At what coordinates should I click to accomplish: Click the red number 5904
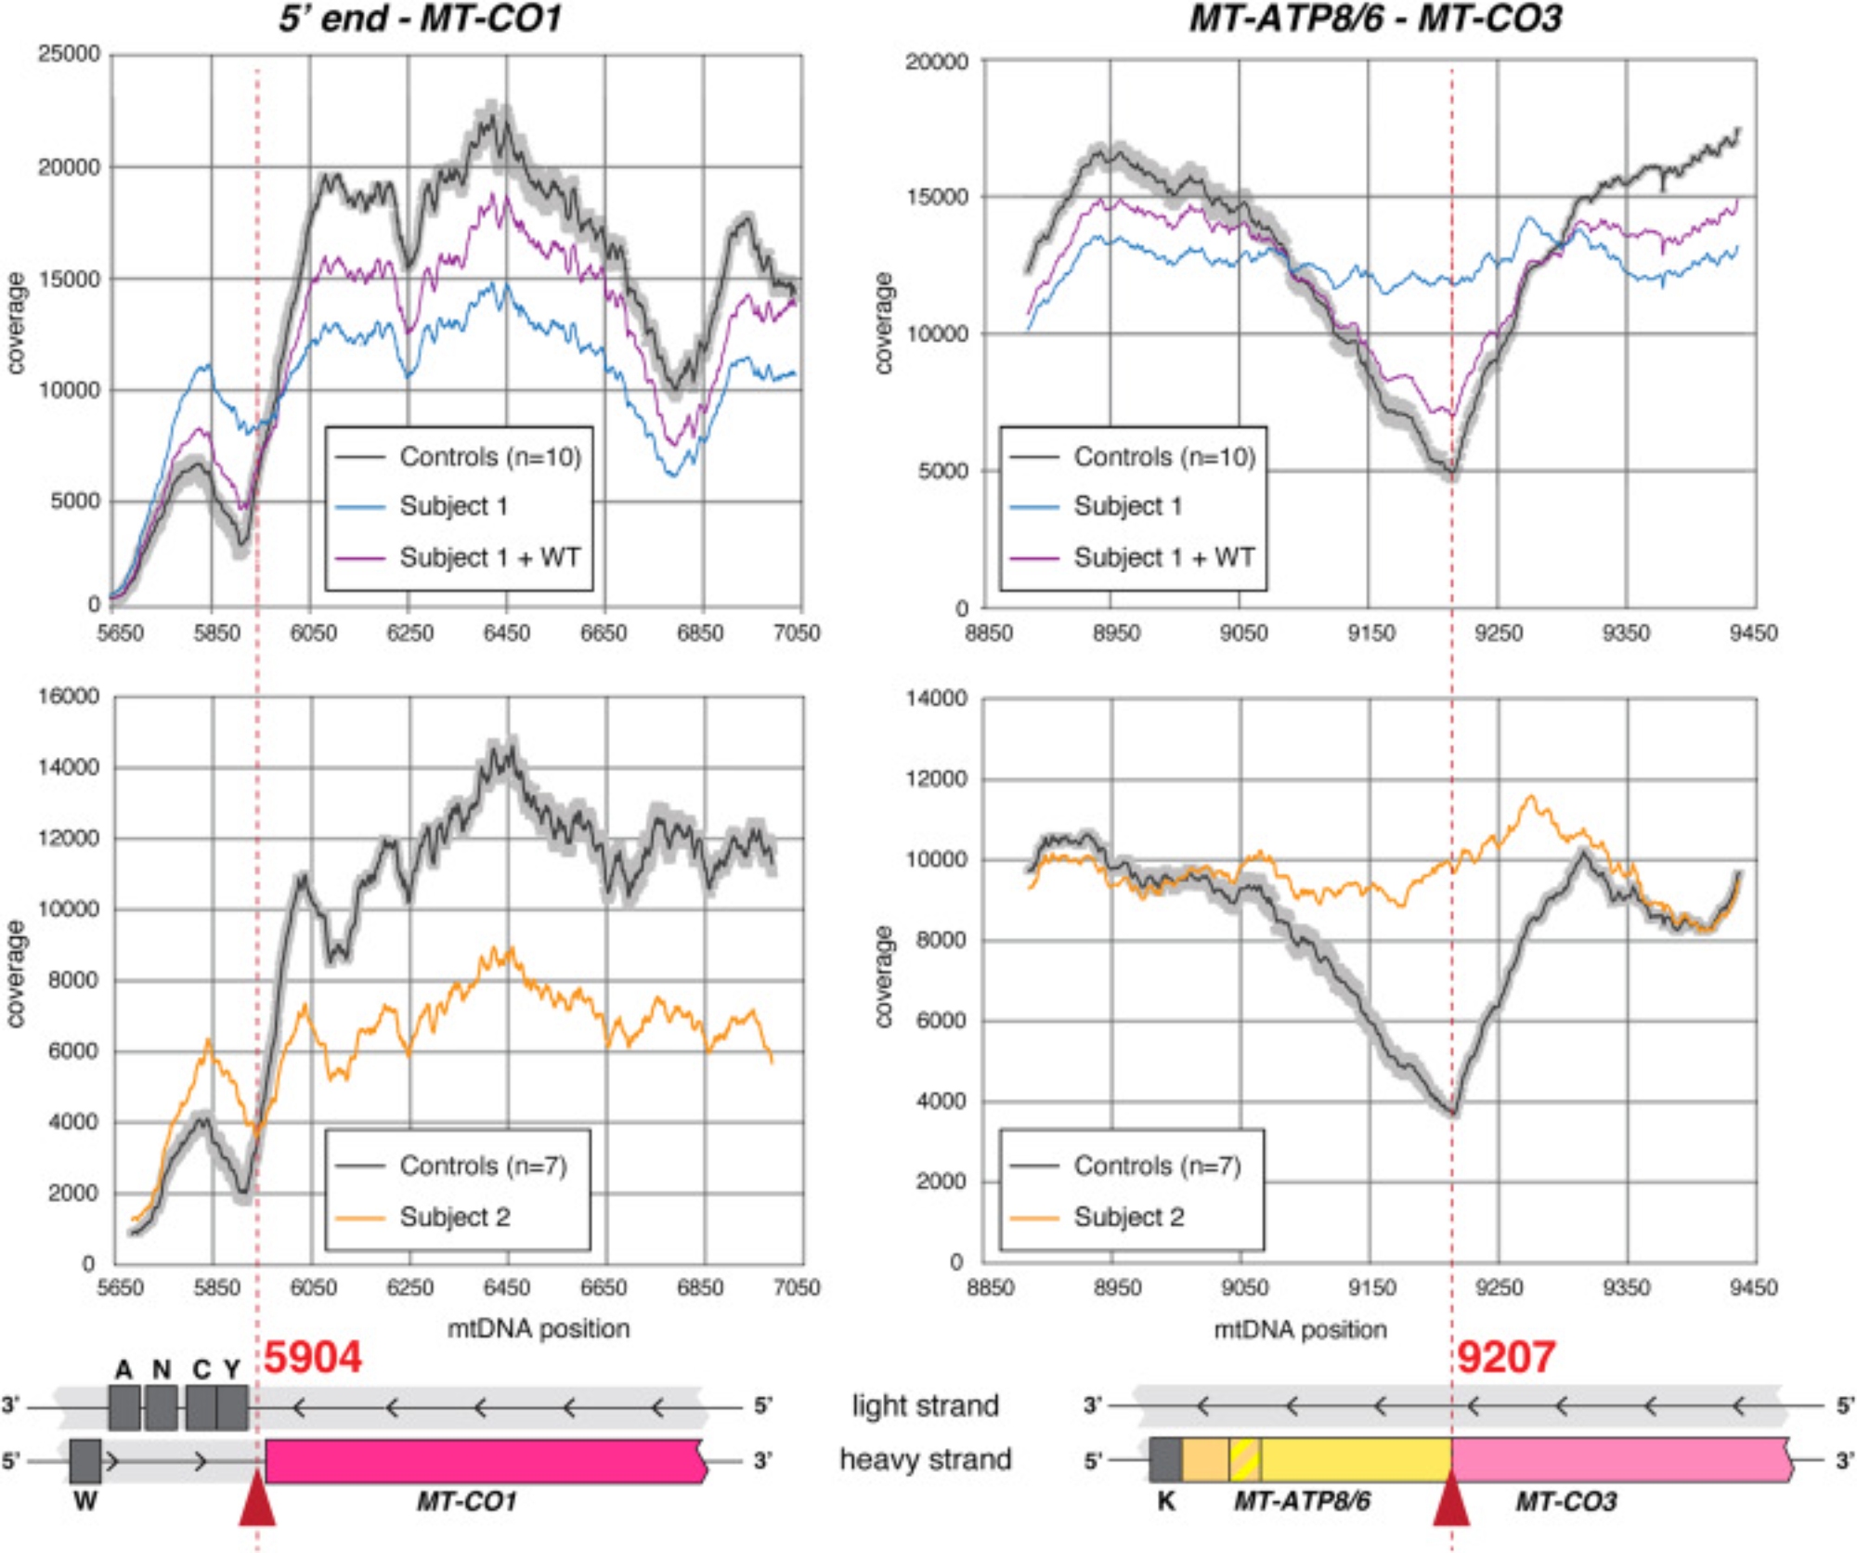point(312,1357)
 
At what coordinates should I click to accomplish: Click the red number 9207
point(1505,1357)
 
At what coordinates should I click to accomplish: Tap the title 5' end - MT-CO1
point(420,19)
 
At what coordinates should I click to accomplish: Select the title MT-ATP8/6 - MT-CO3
point(1376,19)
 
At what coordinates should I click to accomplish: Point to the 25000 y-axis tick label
point(69,54)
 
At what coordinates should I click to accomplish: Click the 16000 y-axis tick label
point(69,696)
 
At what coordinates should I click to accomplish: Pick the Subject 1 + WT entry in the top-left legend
point(489,557)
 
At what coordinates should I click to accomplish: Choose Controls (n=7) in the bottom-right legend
point(1157,1166)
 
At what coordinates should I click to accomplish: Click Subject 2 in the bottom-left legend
point(455,1217)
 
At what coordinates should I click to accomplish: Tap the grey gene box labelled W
point(85,1461)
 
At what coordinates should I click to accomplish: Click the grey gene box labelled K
point(1165,1460)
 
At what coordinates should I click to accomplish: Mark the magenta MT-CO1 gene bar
point(483,1460)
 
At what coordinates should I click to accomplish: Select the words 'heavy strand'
point(925,1459)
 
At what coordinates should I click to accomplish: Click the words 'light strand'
point(925,1406)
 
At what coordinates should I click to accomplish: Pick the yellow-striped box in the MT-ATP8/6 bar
point(1245,1460)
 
